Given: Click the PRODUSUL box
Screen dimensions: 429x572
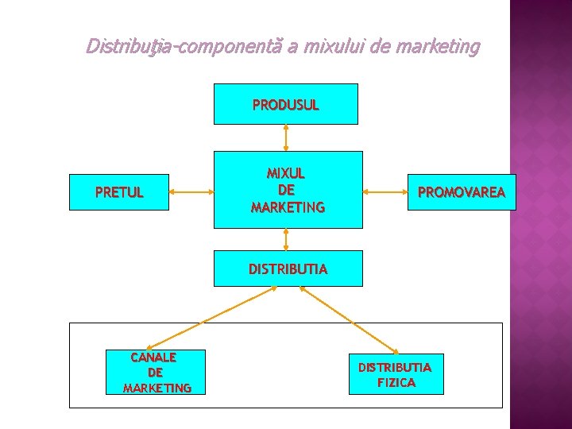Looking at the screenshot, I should click(285, 104).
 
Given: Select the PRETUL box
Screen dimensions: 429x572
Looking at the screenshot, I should click(119, 192).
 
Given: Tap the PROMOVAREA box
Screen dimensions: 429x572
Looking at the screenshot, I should click(461, 192).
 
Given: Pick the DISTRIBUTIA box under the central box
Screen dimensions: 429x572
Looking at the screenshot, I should click(287, 269).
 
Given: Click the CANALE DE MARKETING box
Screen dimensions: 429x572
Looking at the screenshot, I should click(156, 372).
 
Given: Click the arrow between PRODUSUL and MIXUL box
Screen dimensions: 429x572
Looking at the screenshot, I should click(286, 137).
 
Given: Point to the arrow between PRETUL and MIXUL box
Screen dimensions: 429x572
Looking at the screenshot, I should click(190, 191).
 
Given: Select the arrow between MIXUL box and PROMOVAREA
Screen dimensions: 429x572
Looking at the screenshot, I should click(385, 191).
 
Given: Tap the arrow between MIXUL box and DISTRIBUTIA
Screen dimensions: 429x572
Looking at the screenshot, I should click(286, 239).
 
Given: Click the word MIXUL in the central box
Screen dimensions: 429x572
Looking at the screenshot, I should click(286, 173).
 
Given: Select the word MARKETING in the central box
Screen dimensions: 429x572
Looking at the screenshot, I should click(287, 207).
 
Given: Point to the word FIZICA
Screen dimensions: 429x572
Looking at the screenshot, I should click(396, 382).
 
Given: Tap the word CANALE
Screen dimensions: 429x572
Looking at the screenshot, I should click(153, 357).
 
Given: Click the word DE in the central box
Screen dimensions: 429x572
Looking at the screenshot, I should click(286, 191).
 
